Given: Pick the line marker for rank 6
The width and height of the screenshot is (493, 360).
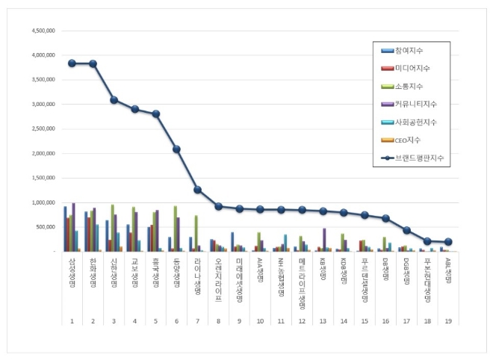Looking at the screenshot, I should [x=176, y=149].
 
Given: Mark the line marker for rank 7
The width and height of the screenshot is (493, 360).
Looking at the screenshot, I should [x=197, y=190].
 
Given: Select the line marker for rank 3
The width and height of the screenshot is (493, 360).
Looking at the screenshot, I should [x=114, y=100].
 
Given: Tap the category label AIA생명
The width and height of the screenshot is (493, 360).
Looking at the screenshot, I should [x=260, y=270].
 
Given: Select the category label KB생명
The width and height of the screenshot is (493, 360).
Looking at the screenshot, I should [x=323, y=269].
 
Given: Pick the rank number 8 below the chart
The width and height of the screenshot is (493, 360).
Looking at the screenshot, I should [x=217, y=320].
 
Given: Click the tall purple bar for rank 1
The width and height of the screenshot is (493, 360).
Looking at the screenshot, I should [x=73, y=227].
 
